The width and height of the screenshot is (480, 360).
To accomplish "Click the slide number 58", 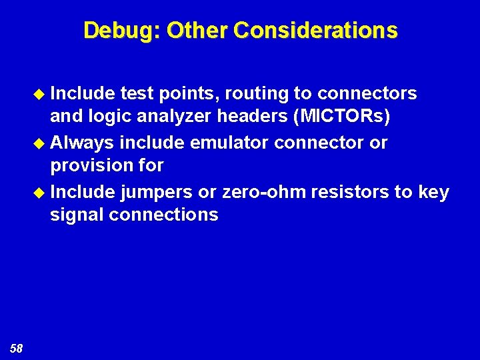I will pyautogui.click(x=16, y=347).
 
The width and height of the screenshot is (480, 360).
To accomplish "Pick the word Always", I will pyautogui.click(x=82, y=143).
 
